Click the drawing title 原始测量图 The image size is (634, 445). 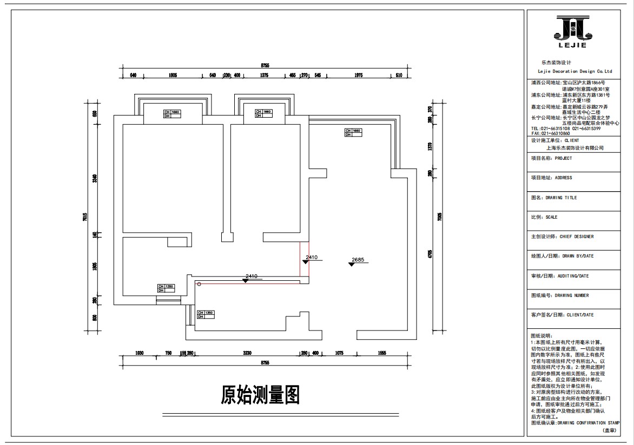click(x=260, y=395)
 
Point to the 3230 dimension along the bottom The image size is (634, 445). click(x=247, y=353)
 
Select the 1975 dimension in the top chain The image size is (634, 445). click(x=358, y=75)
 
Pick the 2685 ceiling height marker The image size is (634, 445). click(x=358, y=260)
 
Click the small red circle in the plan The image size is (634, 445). click(x=199, y=283)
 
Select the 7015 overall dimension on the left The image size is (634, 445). click(x=85, y=217)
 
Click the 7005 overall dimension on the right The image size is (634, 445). click(x=440, y=217)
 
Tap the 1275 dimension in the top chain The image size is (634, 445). click(x=265, y=75)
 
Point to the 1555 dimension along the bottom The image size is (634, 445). click(x=382, y=353)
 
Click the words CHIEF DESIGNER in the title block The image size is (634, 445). click(x=577, y=237)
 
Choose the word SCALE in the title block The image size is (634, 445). click(x=552, y=217)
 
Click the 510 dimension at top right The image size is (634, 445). click(x=399, y=75)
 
